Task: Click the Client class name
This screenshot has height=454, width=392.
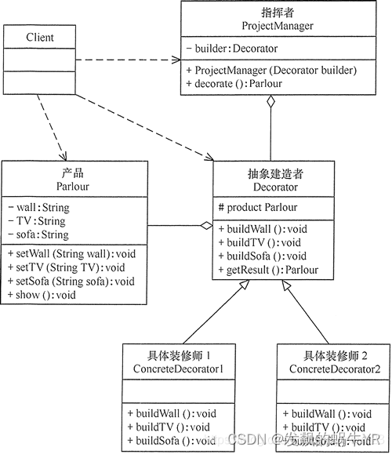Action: point(40,37)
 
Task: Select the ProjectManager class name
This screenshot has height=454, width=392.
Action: point(278,26)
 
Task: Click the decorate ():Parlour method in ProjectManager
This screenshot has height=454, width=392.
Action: point(237,83)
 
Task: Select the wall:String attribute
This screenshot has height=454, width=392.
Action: point(38,208)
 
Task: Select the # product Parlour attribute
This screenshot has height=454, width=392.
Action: point(259,208)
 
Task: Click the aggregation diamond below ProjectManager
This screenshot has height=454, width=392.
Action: point(270,101)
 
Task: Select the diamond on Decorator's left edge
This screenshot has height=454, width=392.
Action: point(207,227)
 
